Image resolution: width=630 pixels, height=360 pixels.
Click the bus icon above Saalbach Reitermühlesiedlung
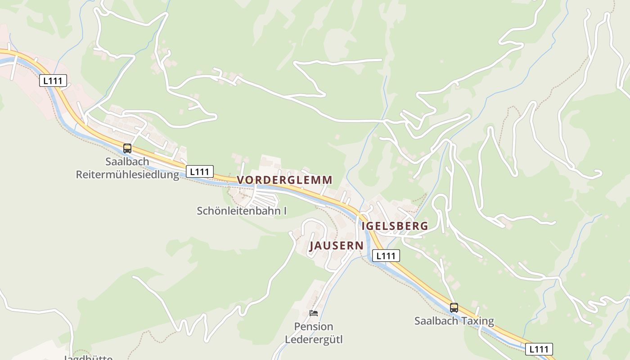pos(127,148)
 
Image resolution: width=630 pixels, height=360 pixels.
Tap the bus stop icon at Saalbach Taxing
pos(454,308)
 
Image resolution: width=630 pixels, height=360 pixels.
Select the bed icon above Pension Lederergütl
pos(314,313)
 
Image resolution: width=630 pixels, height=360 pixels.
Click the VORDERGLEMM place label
pos(284,180)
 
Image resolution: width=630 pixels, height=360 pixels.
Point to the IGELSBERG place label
pos(395,226)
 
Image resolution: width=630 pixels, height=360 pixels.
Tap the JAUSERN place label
pos(336,246)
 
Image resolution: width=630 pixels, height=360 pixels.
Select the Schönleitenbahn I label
pos(242,211)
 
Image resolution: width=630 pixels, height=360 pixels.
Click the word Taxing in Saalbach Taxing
pos(477,321)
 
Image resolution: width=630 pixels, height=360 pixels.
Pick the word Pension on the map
pos(314,326)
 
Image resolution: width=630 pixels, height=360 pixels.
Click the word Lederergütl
pos(314,339)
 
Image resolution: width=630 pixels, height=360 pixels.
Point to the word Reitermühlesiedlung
pos(127,175)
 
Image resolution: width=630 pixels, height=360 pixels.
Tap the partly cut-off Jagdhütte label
pos(88,358)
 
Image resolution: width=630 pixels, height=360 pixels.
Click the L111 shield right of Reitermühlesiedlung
pos(200,171)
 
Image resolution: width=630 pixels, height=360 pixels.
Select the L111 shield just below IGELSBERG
pos(386,256)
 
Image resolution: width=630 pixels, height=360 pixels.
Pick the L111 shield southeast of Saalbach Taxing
pos(539,349)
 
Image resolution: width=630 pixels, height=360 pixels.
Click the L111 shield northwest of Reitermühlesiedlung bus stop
pos(54,81)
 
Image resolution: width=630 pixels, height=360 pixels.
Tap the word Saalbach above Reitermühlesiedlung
pos(127,161)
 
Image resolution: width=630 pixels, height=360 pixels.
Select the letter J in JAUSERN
pos(312,246)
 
